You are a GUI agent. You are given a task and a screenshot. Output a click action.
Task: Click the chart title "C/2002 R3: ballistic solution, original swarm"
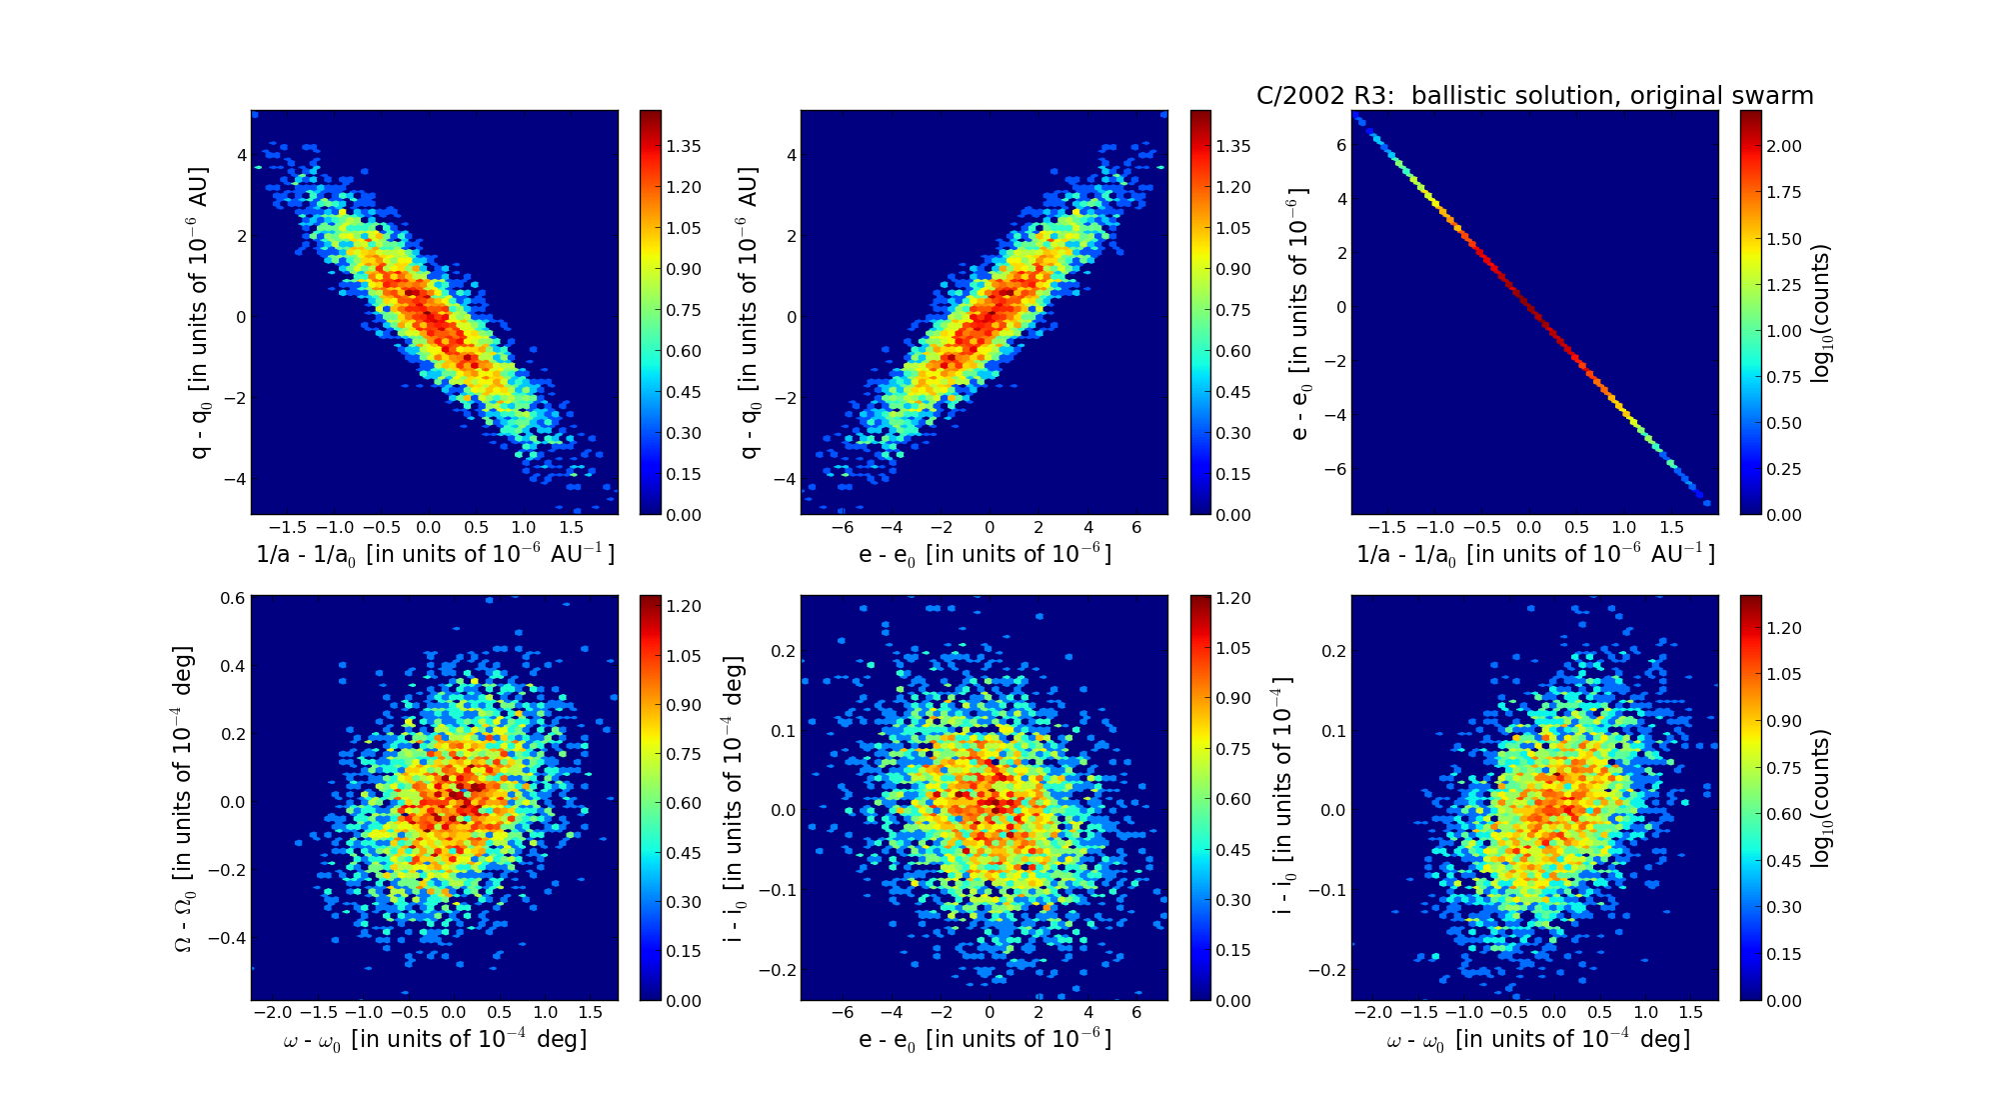tap(1534, 96)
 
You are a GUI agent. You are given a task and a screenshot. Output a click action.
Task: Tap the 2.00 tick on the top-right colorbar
tap(1783, 146)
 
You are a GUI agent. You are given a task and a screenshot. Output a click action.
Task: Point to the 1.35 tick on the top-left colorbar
tap(684, 146)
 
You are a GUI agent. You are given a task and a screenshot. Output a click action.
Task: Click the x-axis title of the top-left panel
tap(435, 554)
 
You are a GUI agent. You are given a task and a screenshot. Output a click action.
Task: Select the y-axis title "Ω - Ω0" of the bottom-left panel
tap(184, 798)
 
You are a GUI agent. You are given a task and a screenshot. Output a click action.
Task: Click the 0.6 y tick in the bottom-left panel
tap(233, 598)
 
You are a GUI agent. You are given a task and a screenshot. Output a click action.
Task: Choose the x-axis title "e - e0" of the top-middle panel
tap(985, 554)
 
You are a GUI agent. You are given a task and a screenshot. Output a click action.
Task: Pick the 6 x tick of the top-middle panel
tap(1136, 528)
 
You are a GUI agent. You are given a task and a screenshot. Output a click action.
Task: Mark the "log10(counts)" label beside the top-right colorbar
tap(1821, 313)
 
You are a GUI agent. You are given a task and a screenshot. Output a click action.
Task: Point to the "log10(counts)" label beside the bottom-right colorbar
tap(1821, 798)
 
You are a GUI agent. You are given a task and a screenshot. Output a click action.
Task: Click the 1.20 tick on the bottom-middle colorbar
tap(1233, 598)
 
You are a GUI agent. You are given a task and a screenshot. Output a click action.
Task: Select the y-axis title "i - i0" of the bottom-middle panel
tap(735, 798)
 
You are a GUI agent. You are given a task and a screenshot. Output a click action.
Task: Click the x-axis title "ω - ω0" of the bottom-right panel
tap(1537, 1040)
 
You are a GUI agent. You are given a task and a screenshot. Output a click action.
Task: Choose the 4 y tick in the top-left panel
tap(241, 155)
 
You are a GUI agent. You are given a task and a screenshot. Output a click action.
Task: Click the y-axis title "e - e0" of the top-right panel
tap(1298, 313)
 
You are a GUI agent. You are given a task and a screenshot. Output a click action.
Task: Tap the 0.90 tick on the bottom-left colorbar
tap(684, 705)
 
